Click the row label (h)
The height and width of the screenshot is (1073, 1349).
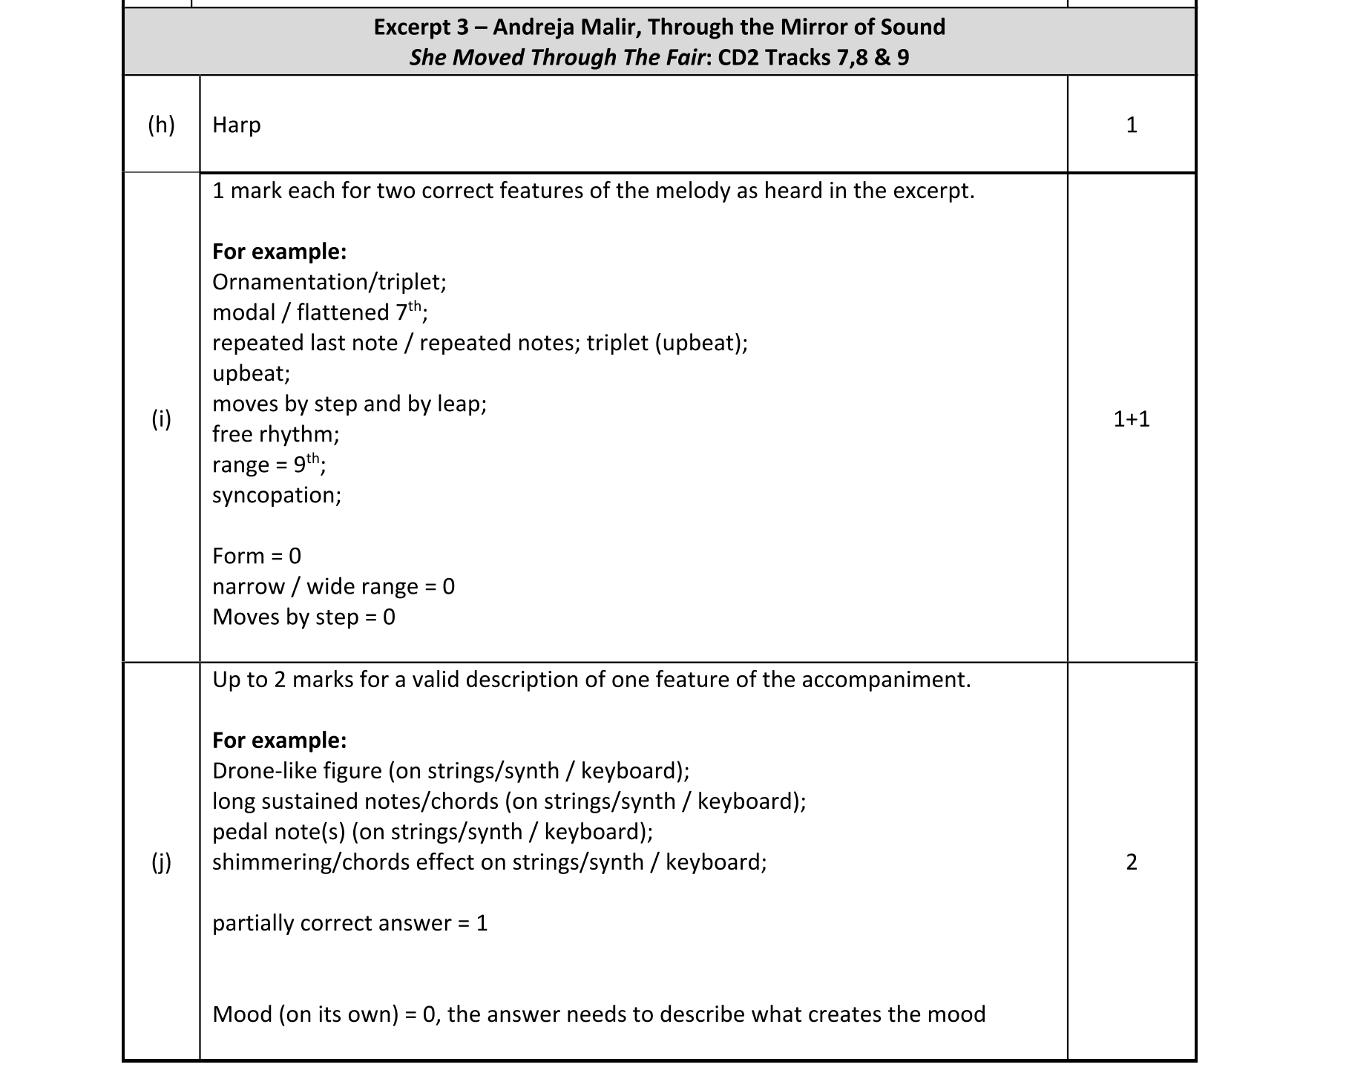[x=161, y=125]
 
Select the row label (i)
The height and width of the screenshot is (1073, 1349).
[x=161, y=419]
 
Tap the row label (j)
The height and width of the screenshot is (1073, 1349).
[x=161, y=862]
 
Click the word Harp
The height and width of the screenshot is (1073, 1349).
[x=237, y=125]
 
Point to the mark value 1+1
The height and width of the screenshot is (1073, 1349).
[x=1131, y=419]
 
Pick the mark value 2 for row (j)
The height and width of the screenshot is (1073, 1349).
[x=1131, y=862]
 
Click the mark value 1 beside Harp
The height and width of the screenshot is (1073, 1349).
[x=1131, y=125]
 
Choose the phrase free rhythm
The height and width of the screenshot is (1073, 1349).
[x=275, y=434]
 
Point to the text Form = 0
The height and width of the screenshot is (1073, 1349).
[x=257, y=556]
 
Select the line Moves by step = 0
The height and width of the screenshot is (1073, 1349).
[x=303, y=617]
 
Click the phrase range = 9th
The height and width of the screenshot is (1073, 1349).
[x=268, y=465]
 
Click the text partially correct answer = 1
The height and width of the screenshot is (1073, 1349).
[x=349, y=923]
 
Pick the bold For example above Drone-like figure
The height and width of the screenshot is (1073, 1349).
[x=279, y=741]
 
